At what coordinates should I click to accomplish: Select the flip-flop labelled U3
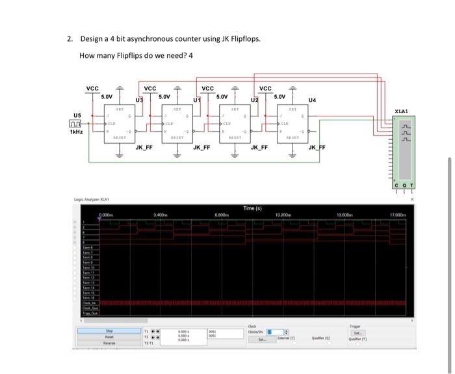(120, 123)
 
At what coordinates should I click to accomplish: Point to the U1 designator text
(196, 100)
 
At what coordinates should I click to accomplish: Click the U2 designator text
(255, 100)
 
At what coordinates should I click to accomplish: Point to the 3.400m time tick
(161, 214)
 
